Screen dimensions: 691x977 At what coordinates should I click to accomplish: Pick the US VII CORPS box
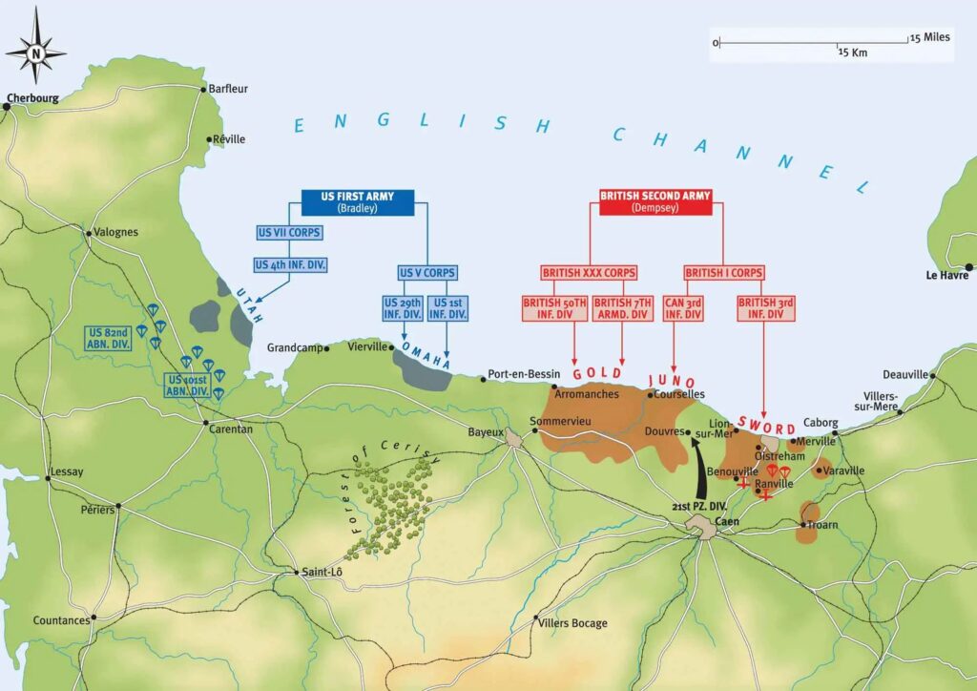[x=289, y=233]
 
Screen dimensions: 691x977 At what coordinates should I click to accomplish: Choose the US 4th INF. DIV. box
[x=290, y=264]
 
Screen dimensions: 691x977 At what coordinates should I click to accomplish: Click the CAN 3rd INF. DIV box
[x=683, y=308]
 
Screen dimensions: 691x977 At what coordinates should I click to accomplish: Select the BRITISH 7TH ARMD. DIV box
[x=622, y=308]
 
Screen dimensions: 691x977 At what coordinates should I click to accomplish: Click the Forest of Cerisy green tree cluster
[x=391, y=506]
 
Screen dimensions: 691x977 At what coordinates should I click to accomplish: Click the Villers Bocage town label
[x=572, y=623]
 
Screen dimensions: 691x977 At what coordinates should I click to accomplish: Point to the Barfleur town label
[x=228, y=89]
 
